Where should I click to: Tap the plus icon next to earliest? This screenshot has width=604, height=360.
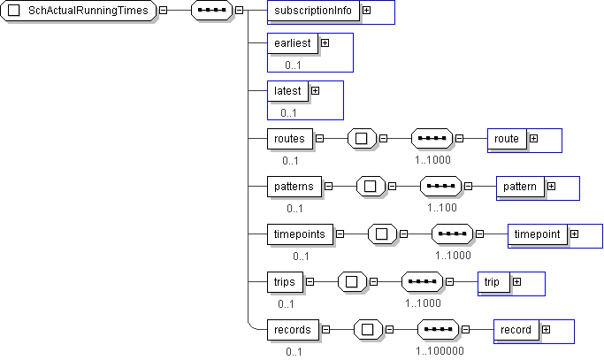click(325, 42)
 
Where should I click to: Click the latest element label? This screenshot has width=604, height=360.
click(287, 90)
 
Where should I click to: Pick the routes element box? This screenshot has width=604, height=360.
click(290, 139)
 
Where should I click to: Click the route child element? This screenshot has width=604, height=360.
click(507, 139)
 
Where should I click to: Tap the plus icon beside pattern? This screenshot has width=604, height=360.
click(551, 187)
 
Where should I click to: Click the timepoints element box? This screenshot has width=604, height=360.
click(301, 234)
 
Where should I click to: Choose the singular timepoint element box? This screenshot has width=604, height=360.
click(538, 234)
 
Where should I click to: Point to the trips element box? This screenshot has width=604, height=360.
click(284, 282)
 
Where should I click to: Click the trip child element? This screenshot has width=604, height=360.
click(492, 282)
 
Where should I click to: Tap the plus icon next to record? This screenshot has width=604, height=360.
click(546, 330)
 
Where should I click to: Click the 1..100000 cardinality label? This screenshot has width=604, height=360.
click(440, 350)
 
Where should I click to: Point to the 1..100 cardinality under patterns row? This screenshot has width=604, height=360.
click(442, 208)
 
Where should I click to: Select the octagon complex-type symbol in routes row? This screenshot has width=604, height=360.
click(362, 139)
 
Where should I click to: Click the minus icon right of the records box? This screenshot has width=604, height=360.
click(326, 330)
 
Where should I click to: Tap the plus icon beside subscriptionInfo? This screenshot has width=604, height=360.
click(366, 11)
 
